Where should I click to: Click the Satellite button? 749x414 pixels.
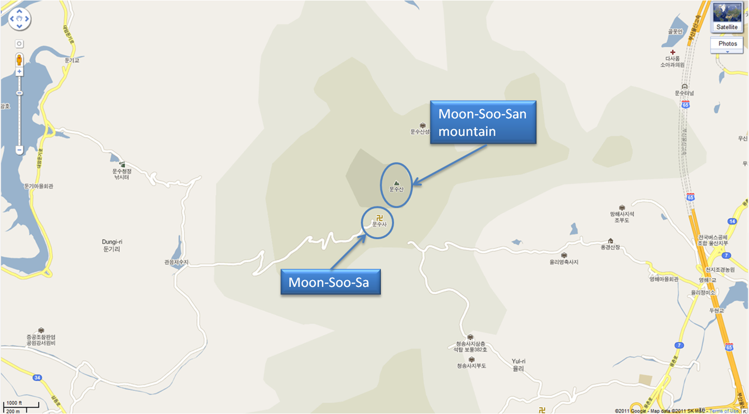click(x=727, y=17)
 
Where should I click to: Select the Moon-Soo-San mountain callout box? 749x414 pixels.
click(x=483, y=123)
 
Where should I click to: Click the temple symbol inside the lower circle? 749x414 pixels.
click(x=379, y=217)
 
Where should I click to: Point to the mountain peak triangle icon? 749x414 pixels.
click(x=396, y=183)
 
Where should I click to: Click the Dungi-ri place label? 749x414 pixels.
click(x=112, y=245)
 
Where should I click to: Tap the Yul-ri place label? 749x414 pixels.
click(x=519, y=365)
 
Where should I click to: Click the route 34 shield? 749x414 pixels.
click(x=37, y=378)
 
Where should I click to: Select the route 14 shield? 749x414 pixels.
click(x=732, y=221)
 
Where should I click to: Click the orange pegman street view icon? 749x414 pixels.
click(x=19, y=60)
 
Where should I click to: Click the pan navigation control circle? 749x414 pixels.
click(x=19, y=19)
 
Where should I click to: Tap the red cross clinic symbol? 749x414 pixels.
click(x=673, y=52)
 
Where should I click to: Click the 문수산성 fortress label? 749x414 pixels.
click(x=420, y=132)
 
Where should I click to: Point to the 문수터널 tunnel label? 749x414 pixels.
click(x=684, y=93)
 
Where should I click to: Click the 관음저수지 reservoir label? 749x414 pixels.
click(x=177, y=262)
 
